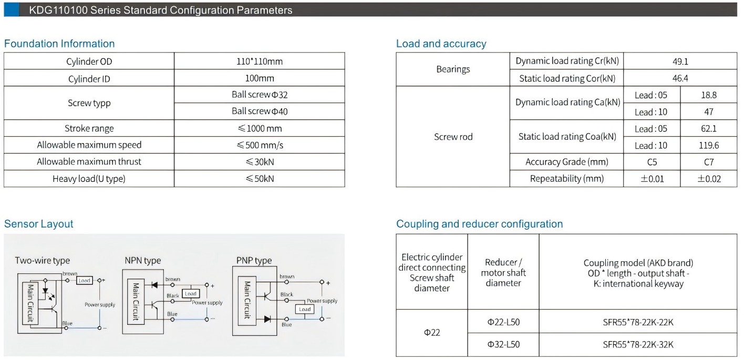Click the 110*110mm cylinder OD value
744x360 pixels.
[260, 61]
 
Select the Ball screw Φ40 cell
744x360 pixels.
[260, 111]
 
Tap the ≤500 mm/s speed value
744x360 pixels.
[260, 145]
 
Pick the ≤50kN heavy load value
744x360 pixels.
[260, 179]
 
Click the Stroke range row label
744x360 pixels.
[89, 128]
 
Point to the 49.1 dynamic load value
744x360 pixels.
[680, 61]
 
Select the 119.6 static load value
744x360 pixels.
[708, 146]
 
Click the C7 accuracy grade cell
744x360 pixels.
[708, 162]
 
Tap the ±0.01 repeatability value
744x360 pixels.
[652, 179]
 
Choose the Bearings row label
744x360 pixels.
[453, 69]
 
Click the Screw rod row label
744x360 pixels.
[453, 137]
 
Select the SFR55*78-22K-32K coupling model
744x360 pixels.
[638, 345]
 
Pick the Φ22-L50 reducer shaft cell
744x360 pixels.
[503, 322]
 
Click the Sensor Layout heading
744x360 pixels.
[38, 224]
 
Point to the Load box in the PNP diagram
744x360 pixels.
[305, 309]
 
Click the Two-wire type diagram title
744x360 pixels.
[42, 261]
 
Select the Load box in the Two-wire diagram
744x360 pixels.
[85, 281]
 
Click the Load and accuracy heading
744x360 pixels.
[441, 44]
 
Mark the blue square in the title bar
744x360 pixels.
[11, 9]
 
